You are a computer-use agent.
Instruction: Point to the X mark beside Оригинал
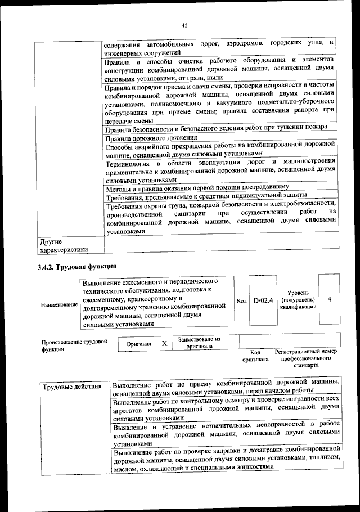(x=164, y=343)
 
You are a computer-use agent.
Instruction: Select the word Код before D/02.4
(x=242, y=301)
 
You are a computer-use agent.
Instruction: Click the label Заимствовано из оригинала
(x=199, y=343)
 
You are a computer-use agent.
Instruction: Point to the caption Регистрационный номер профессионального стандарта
(x=305, y=358)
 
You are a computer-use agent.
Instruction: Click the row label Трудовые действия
(x=71, y=387)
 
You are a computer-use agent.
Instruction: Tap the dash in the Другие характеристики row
(x=108, y=241)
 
